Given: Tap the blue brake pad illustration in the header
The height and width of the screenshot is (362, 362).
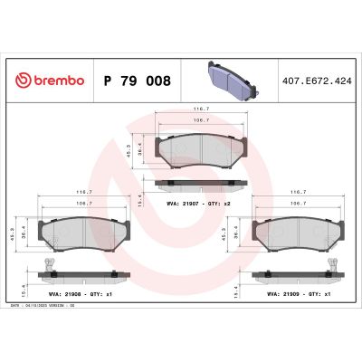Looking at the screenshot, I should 220,79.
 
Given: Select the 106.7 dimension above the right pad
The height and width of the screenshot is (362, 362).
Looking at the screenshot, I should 293,204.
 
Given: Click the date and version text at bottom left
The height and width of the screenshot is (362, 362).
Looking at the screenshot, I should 45,307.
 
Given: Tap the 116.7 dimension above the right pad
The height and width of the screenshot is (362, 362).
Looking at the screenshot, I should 293,193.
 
